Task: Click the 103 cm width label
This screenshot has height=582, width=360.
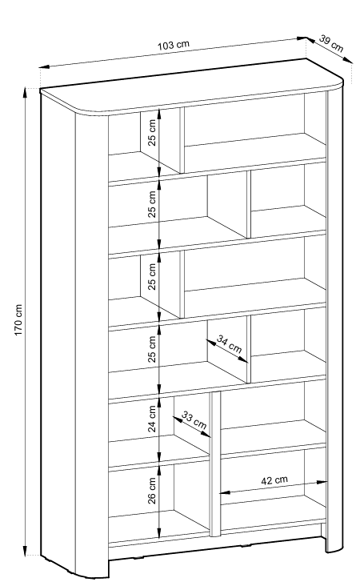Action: [x=174, y=45]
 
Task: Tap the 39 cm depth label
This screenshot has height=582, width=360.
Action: [x=331, y=44]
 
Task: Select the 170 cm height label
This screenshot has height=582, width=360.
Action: [x=18, y=320]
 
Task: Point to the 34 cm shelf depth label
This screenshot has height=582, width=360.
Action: [x=229, y=344]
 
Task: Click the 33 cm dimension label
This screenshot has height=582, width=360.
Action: [x=194, y=419]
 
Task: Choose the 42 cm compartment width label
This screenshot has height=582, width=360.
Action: [x=274, y=480]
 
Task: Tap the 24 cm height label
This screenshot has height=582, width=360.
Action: [x=152, y=419]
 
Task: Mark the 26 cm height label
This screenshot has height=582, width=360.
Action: [x=152, y=491]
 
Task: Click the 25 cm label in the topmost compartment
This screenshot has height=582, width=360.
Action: [x=152, y=133]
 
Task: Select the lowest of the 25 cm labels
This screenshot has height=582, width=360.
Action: [x=152, y=349]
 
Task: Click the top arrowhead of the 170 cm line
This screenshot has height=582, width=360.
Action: [x=26, y=92]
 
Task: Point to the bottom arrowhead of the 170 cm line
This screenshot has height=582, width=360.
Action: [x=26, y=551]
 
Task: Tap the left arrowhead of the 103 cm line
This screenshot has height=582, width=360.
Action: [x=44, y=67]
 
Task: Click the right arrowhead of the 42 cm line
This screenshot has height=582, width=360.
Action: [x=322, y=482]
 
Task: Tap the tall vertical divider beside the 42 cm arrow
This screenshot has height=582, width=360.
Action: [x=215, y=464]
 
